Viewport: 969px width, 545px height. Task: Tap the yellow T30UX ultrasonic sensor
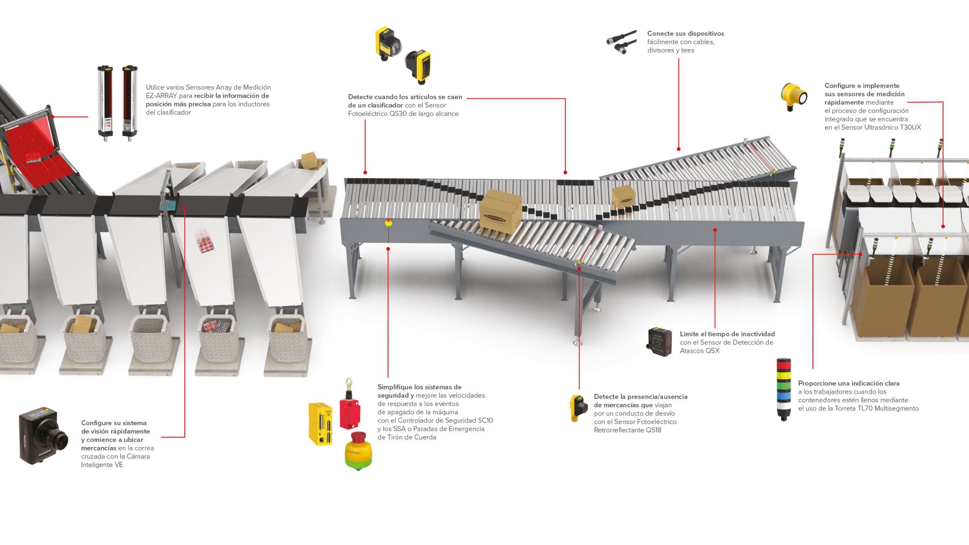pos(794,97)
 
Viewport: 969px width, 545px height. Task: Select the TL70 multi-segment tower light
pos(784,389)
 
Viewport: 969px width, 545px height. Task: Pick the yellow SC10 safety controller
pos(321,424)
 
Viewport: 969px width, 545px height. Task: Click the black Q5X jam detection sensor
pos(659,341)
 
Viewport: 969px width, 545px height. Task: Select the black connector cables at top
pos(621,42)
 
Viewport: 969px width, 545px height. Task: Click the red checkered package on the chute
pos(205,241)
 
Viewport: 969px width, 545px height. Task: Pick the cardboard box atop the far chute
pos(309,160)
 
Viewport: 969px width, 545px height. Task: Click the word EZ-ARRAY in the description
pos(161,96)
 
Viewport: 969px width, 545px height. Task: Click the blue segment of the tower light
pos(784,396)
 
